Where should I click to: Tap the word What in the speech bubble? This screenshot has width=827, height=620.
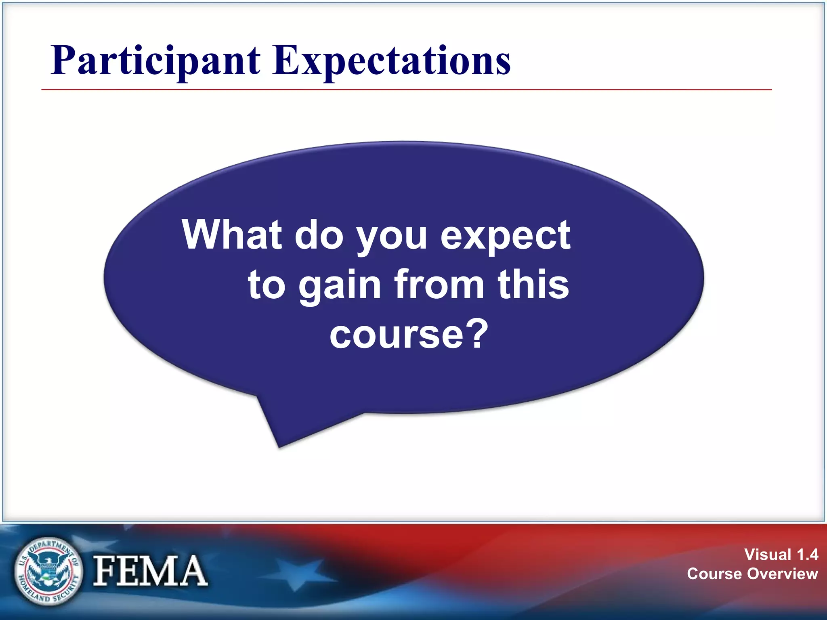[x=231, y=235]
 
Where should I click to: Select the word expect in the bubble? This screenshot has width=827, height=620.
[x=505, y=236]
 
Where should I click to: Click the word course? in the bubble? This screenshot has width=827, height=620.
[x=409, y=334]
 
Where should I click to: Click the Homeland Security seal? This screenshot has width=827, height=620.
[x=48, y=571]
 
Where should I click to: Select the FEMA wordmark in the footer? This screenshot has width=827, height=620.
[x=150, y=571]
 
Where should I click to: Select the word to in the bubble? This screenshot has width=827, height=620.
[x=267, y=285]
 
